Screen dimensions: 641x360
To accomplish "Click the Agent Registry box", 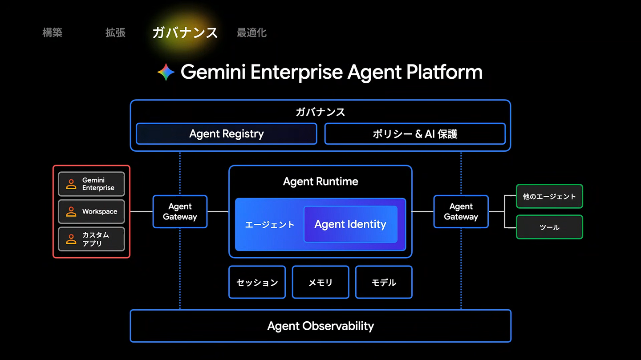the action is click(226, 133).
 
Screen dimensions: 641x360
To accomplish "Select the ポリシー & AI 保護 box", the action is click(415, 133).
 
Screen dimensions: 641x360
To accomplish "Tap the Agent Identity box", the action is click(351, 224).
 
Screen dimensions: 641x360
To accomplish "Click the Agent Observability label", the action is click(320, 326).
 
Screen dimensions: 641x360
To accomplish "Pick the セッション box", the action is click(257, 282).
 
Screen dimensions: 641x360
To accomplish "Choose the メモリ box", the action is click(320, 282).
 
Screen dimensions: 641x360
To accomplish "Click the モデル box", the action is click(384, 282).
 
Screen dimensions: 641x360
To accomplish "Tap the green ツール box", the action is click(549, 227).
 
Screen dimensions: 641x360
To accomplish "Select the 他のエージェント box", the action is click(549, 196).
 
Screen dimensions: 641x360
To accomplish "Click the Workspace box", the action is click(92, 211).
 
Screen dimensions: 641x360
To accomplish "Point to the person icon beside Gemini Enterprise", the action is click(71, 184).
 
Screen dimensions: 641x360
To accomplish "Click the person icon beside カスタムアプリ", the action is click(71, 239).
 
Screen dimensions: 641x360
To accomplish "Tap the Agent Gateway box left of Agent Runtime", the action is click(180, 211).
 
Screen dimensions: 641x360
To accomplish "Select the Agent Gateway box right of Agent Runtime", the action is click(461, 211).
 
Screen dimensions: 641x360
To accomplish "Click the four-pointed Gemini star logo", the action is click(166, 72).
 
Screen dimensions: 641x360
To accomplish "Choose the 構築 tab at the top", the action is click(53, 32).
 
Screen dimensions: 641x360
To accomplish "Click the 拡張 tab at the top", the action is click(115, 32).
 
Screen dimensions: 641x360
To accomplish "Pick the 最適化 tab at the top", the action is click(252, 32).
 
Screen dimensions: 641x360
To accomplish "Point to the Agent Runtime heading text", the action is click(320, 182).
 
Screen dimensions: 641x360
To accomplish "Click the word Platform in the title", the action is click(444, 72).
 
